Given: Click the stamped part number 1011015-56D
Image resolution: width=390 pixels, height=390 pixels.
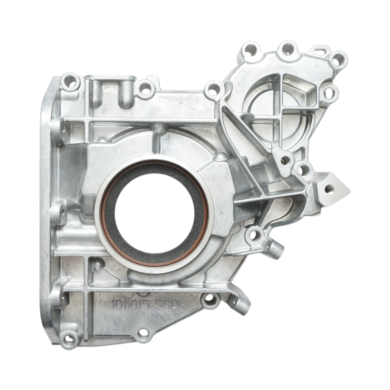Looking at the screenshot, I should pos(145,305).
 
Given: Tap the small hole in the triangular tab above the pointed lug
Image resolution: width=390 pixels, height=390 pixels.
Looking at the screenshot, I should pos(285,160).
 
